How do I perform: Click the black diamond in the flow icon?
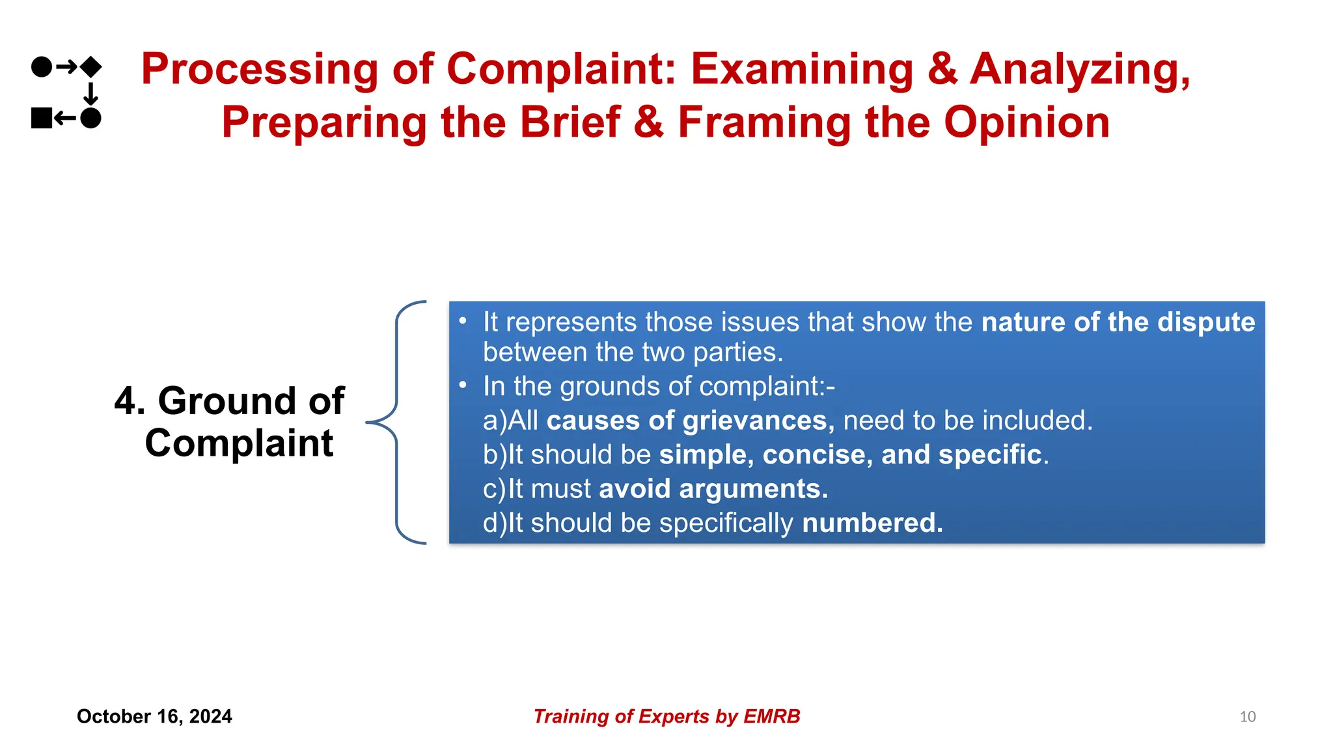point(90,66)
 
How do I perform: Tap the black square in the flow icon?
point(42,118)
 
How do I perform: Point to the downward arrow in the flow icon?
point(91,93)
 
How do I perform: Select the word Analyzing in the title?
point(1079,69)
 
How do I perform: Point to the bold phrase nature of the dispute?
point(1118,322)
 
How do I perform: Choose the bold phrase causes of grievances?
point(690,421)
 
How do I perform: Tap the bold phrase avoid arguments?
point(713,489)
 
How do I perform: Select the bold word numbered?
point(872,523)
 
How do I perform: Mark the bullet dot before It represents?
point(463,321)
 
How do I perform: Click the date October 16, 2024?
point(154,716)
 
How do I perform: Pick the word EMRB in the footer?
point(771,716)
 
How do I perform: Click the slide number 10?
point(1247,717)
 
